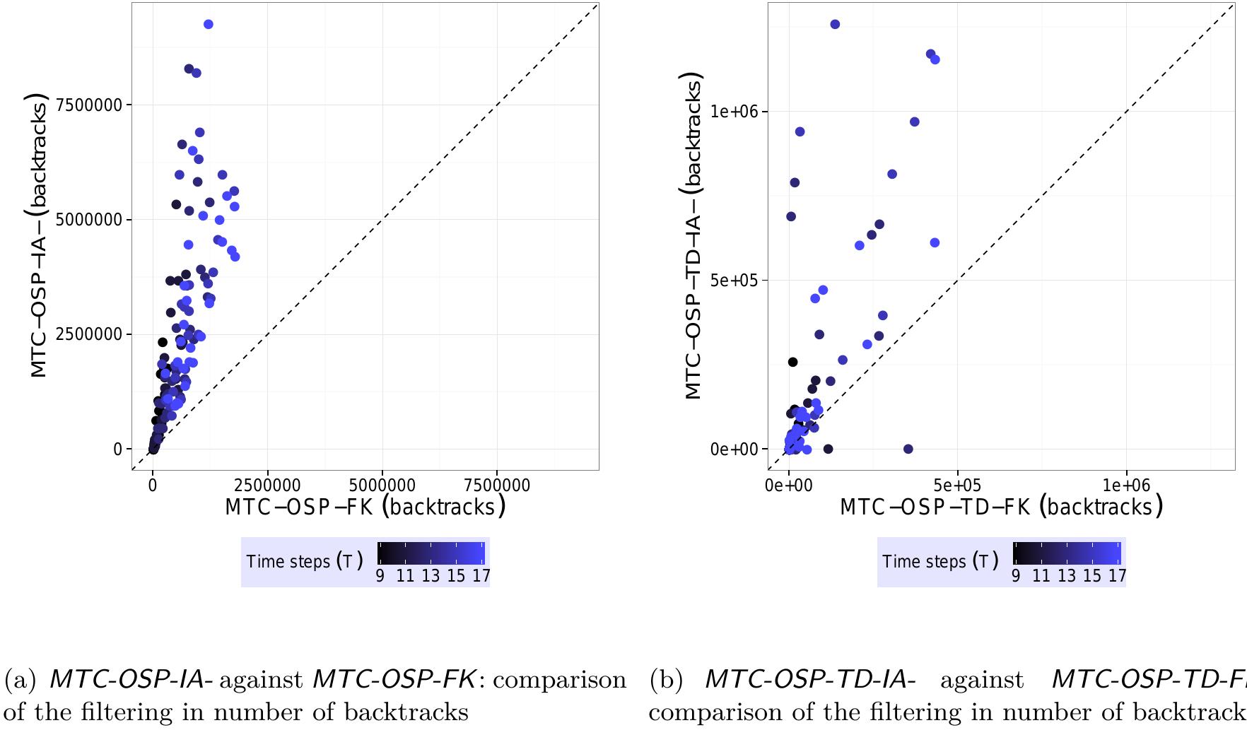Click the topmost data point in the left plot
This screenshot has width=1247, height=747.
(208, 25)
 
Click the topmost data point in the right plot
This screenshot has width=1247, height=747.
(835, 25)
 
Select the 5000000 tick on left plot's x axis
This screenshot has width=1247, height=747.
(382, 486)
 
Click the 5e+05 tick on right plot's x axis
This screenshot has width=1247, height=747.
(957, 486)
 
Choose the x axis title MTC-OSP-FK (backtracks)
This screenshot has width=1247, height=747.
(365, 507)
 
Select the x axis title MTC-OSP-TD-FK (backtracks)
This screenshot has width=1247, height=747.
(1001, 507)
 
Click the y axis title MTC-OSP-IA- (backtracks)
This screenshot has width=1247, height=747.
(40, 235)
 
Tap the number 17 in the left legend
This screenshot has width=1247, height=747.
(481, 576)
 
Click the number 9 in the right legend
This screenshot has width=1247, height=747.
(1016, 576)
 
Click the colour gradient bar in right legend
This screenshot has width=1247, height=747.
(1067, 553)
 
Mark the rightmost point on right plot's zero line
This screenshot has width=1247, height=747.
(908, 449)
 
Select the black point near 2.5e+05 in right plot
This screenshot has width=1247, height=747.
(792, 362)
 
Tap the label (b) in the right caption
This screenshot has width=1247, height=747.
(665, 680)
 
